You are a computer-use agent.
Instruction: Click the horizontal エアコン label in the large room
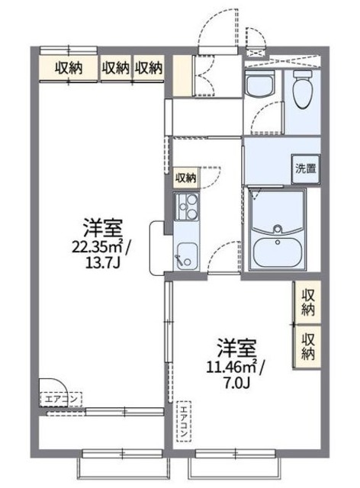click(54, 397)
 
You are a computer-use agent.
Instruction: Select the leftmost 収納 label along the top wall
click(69, 68)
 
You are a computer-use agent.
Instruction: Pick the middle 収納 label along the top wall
click(116, 68)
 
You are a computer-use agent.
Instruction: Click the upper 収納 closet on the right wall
click(307, 302)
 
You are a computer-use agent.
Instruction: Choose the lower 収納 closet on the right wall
click(307, 346)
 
